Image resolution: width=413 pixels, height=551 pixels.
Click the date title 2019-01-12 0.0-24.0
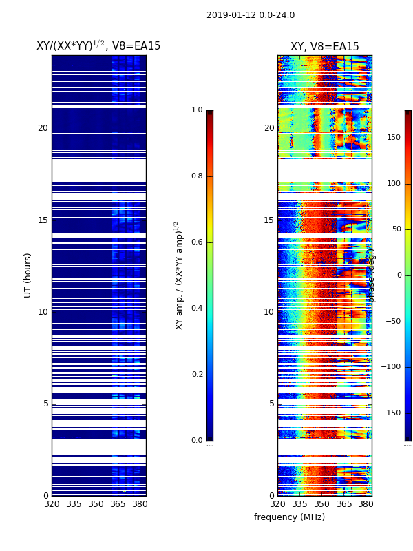(x=251, y=15)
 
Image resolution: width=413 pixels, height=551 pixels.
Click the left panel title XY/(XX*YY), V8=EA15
(x=98, y=45)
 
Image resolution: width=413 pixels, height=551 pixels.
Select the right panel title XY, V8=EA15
(x=324, y=47)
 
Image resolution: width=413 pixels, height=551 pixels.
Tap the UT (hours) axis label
(x=28, y=275)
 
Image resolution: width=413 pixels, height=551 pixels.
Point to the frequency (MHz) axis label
(x=289, y=517)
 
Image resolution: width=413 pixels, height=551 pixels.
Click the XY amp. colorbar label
(x=180, y=275)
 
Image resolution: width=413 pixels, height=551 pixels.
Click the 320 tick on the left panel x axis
(x=52, y=504)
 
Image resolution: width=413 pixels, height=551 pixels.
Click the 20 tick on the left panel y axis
(x=43, y=128)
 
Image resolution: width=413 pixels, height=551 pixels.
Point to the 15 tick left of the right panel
(x=268, y=220)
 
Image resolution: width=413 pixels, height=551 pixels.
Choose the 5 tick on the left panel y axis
(x=45, y=404)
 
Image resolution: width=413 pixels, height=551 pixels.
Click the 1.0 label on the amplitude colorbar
(x=197, y=110)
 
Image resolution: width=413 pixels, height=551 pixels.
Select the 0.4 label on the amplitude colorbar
(x=197, y=309)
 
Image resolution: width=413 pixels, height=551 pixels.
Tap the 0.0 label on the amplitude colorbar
(x=197, y=441)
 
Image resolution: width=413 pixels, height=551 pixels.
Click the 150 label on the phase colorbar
(x=393, y=138)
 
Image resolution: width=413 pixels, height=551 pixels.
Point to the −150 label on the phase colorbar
(x=392, y=413)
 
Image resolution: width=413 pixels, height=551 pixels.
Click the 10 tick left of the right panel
(x=268, y=312)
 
